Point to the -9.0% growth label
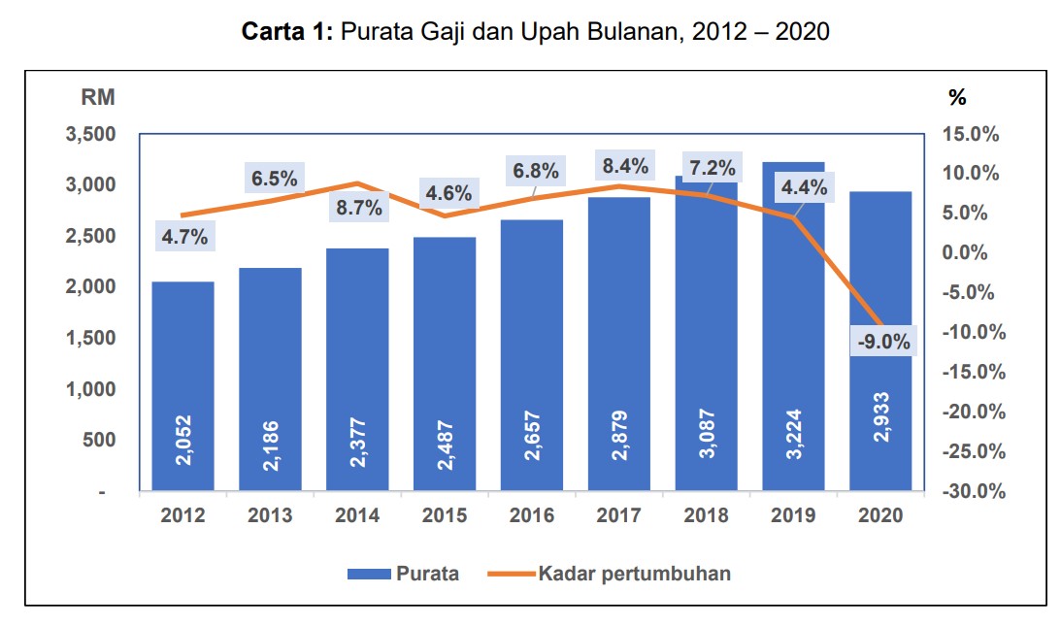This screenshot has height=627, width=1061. point(883,341)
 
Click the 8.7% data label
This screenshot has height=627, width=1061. point(358,208)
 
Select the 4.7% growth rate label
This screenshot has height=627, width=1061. point(183,237)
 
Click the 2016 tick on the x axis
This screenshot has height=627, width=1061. point(532,515)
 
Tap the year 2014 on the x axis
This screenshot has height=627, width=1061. point(357,515)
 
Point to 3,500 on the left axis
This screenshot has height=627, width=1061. point(90,134)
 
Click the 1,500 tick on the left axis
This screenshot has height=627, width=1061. point(90,338)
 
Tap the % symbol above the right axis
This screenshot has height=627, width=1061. point(957,97)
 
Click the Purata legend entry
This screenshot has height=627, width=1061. point(426,574)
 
